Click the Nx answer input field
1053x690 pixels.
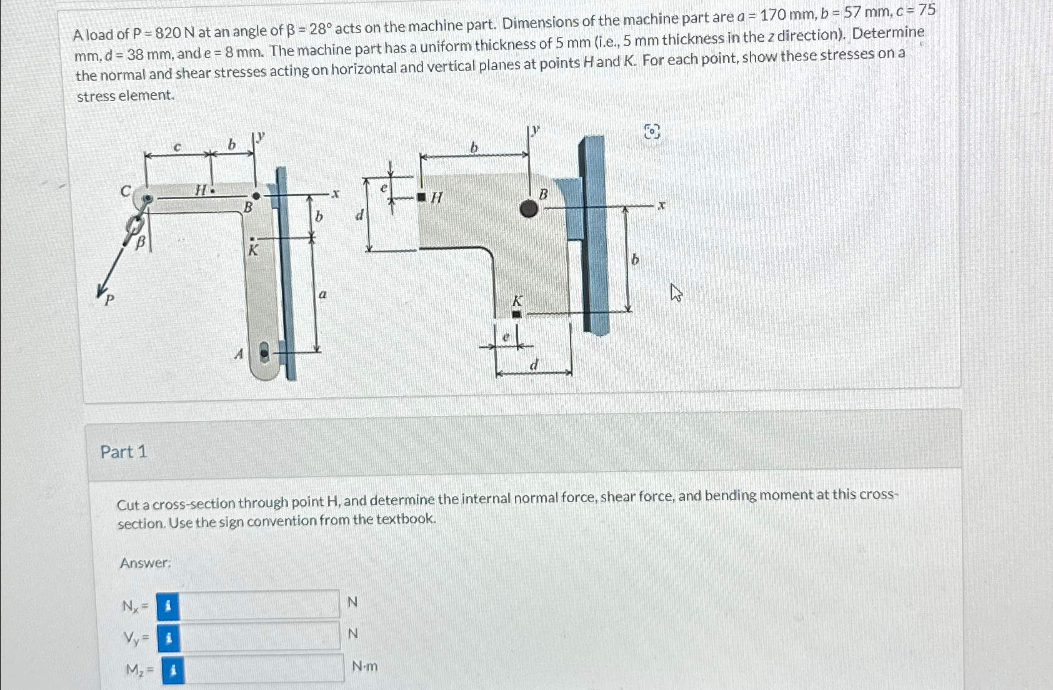259,604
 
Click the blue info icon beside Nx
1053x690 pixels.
167,606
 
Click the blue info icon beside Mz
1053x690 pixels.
173,671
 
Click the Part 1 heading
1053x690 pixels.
124,451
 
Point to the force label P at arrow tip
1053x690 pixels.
109,300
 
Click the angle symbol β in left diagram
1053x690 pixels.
141,243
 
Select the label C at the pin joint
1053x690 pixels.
126,191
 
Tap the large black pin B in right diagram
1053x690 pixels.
529,209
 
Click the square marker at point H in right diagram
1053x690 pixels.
422,198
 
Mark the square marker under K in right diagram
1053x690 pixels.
516,315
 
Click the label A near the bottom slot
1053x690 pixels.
238,354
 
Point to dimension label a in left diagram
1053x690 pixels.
322,293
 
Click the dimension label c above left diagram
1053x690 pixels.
177,147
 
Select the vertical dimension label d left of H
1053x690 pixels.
359,215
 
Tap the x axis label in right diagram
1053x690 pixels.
662,204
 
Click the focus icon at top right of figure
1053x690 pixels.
652,132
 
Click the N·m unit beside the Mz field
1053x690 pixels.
364,666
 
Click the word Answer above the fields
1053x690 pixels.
145,563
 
